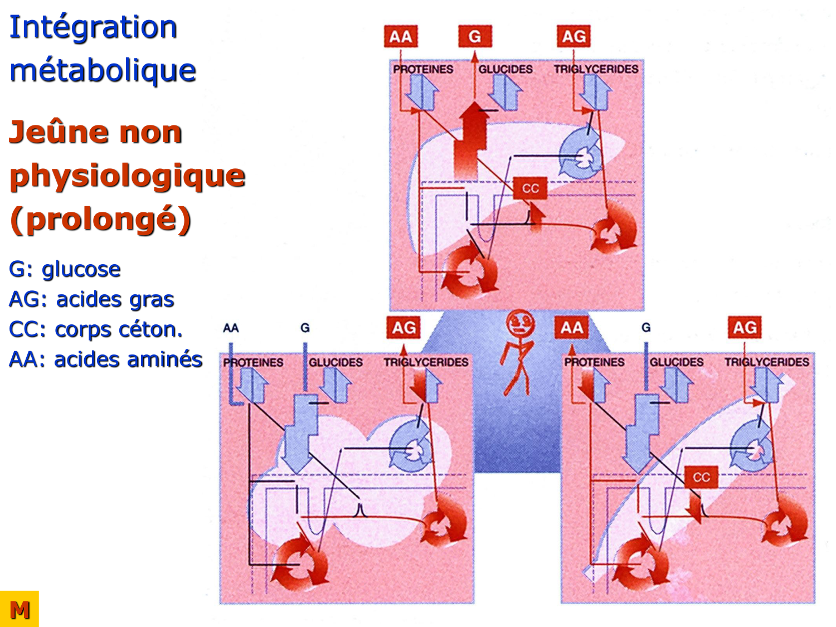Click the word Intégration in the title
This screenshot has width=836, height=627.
coord(93,27)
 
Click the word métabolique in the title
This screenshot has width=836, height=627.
coord(103,71)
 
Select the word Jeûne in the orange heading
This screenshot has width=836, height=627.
coord(56,133)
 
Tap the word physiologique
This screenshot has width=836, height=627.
coord(127,176)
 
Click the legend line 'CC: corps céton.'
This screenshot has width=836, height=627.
coord(95,329)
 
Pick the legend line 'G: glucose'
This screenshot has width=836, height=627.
coord(65,269)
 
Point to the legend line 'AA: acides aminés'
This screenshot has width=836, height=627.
coord(105,359)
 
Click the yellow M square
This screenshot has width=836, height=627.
coord(20,609)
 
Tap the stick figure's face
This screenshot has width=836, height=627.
coord(520,323)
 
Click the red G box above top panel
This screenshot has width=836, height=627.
coord(475,37)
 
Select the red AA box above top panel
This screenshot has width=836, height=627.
coord(400,37)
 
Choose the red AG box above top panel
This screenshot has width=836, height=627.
coord(573,37)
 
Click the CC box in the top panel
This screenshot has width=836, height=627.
coord(530,188)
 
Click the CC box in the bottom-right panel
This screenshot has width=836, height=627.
coord(701,477)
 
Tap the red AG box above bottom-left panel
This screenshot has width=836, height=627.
coord(404,328)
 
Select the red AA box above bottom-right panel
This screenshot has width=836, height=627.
coord(571,328)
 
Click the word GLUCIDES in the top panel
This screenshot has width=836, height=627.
coord(505,70)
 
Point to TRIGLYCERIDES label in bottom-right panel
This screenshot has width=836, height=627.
coord(766,362)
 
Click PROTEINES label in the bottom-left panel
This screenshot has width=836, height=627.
coord(253,363)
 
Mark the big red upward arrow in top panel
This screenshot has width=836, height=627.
coord(472,137)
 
